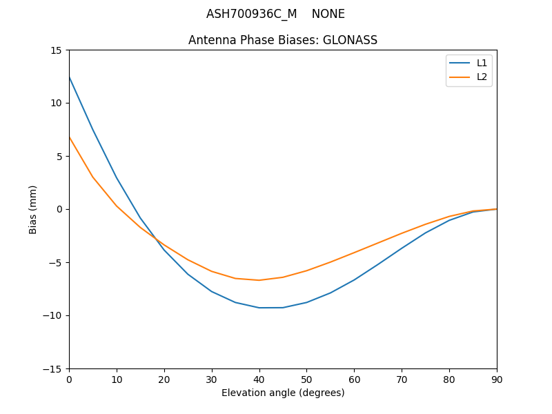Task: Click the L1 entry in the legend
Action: click(482, 63)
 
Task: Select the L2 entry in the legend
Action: click(482, 77)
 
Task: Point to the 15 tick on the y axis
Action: click(56, 50)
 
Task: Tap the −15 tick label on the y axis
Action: click(53, 369)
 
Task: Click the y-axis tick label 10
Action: click(56, 103)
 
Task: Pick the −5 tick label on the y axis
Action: click(56, 263)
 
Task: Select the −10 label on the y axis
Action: click(53, 316)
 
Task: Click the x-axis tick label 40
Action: click(259, 379)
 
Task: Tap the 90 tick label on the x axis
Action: click(497, 379)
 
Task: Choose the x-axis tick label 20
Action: click(164, 379)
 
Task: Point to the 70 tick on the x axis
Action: click(402, 379)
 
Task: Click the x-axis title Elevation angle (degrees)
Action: click(283, 393)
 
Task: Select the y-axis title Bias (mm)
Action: click(33, 209)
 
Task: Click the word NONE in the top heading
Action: click(328, 14)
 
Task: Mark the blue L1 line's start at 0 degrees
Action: click(69, 77)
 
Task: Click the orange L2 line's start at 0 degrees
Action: click(69, 137)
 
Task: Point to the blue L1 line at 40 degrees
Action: click(259, 308)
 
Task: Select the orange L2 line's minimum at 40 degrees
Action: click(259, 280)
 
